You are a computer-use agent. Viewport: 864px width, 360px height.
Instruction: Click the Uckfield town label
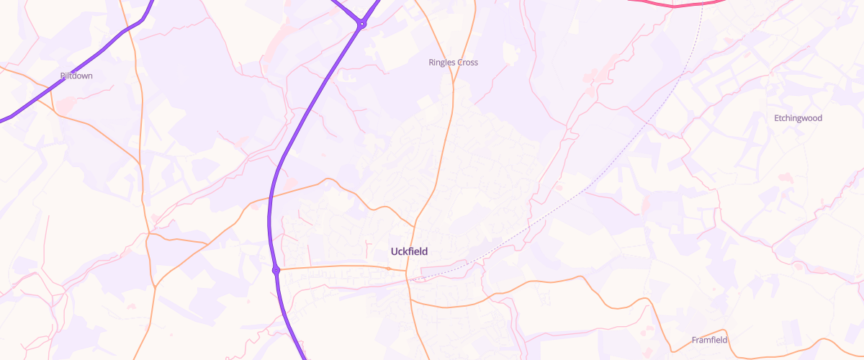pos(409,251)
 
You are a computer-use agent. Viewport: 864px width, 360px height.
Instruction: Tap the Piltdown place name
pos(76,76)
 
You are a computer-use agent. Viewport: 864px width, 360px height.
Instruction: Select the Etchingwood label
pos(797,118)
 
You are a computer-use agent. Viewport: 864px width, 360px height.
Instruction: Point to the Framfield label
pos(709,340)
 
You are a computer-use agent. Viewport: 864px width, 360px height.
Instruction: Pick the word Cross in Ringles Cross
pos(467,63)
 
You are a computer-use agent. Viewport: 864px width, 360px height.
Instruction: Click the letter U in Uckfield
pos(393,251)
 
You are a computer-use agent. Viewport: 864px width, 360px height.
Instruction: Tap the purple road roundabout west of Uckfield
pos(276,271)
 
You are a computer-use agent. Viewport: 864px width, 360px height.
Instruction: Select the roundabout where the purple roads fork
pos(362,24)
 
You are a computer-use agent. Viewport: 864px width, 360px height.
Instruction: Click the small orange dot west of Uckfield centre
pos(389,269)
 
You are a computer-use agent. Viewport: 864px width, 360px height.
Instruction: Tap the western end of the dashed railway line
pos(412,279)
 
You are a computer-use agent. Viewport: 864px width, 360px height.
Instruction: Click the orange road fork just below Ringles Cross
pos(453,91)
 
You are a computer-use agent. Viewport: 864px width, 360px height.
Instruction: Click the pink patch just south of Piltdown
pos(66,105)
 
